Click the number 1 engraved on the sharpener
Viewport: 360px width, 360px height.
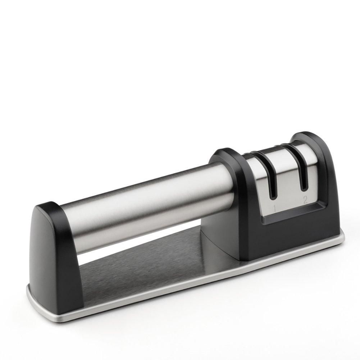click(x=274, y=209)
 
